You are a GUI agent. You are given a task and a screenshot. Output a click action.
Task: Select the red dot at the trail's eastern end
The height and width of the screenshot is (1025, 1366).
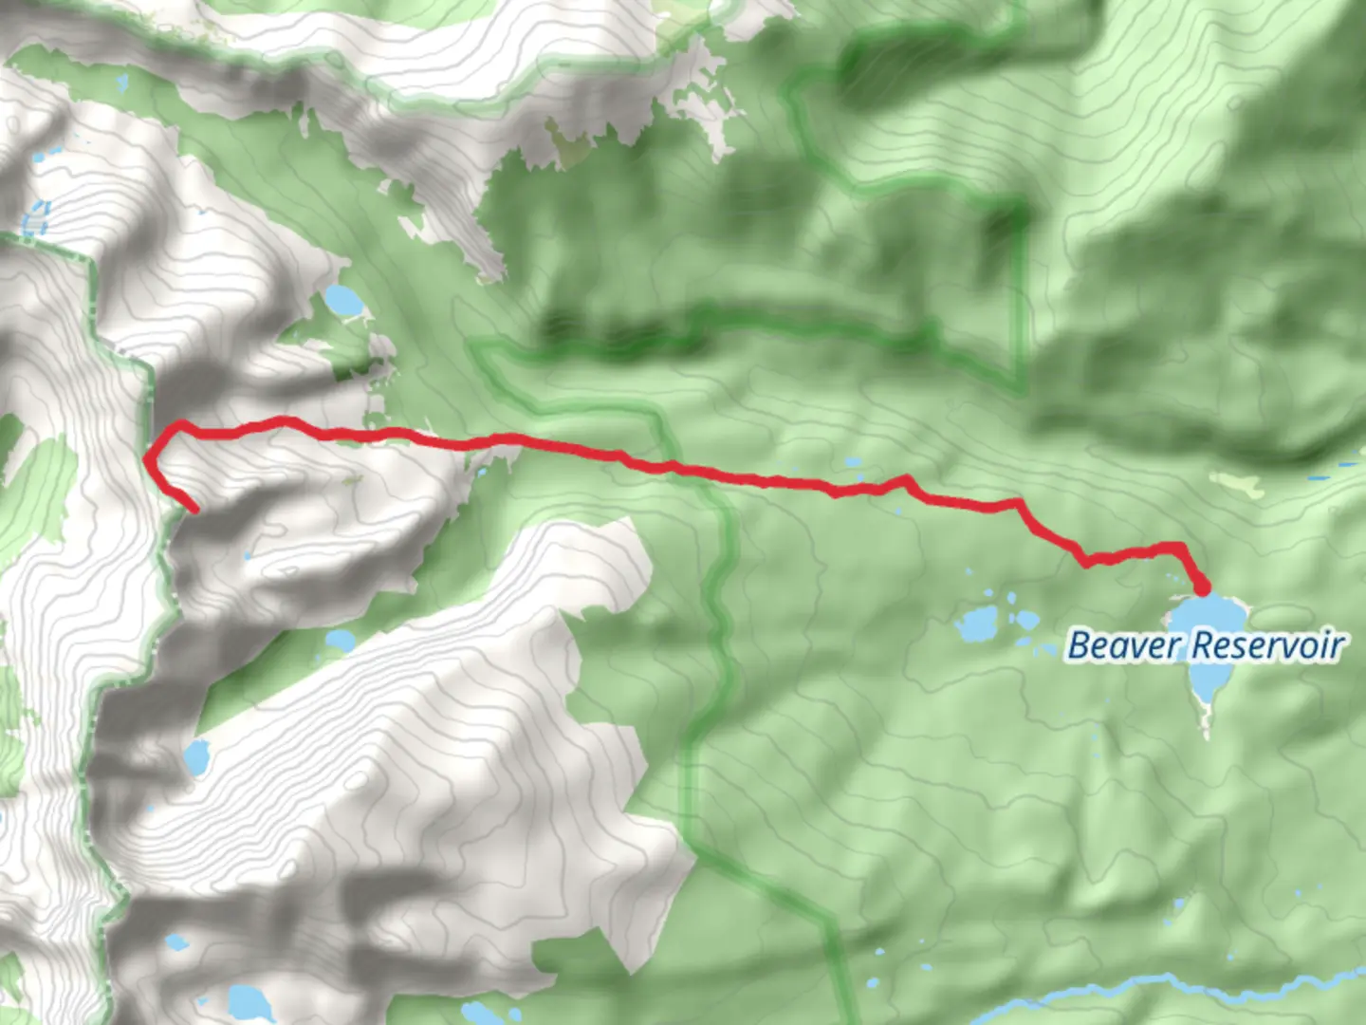(x=1202, y=585)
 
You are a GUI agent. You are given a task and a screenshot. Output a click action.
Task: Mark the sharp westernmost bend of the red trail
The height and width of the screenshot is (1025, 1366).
(x=147, y=460)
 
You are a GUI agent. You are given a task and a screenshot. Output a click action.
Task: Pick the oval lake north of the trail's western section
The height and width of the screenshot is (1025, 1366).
(x=342, y=302)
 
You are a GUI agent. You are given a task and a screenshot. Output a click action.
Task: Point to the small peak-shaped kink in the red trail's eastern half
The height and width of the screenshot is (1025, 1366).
(x=907, y=479)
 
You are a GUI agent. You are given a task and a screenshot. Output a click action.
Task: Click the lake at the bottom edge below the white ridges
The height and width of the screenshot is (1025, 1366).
(x=249, y=1001)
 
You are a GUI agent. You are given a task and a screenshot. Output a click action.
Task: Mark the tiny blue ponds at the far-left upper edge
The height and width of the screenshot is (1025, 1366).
(x=36, y=217)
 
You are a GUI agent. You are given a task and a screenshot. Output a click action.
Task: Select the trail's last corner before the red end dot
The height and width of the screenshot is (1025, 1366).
(x=1180, y=548)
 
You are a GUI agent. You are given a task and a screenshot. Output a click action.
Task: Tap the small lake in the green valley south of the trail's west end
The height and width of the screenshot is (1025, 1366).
(x=340, y=641)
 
